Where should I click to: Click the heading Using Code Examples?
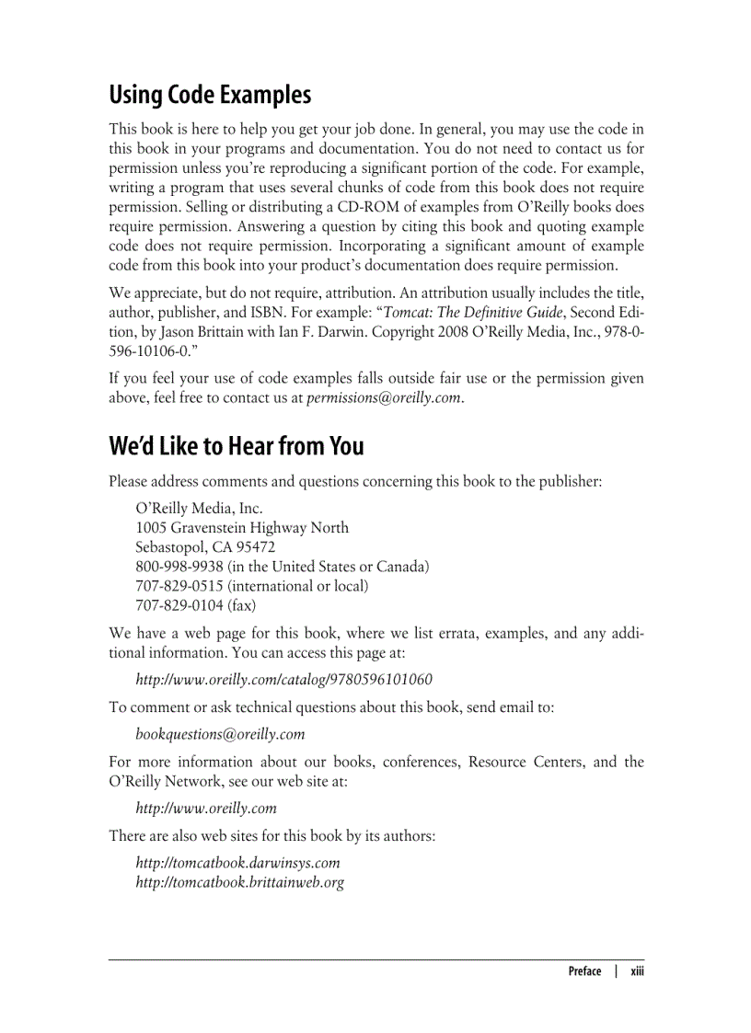pos(210,96)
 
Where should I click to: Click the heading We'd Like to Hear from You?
pos(237,446)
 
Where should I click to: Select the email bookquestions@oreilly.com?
pos(220,734)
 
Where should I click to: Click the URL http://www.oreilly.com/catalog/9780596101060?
pos(283,680)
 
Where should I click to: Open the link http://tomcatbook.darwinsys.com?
pos(237,863)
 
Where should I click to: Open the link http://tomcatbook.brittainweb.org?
pos(240,882)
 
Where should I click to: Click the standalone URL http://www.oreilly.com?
pos(206,809)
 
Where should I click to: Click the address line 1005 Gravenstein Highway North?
pos(242,528)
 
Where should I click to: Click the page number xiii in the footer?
pos(637,971)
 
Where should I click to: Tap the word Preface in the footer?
pos(584,971)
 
